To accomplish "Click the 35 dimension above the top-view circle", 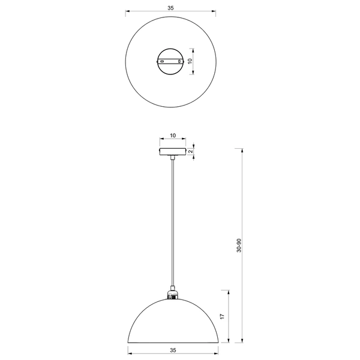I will [171, 8].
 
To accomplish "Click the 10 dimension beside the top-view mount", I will [190, 61].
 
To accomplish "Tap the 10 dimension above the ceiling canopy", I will [172, 136].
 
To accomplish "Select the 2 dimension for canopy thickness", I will [190, 152].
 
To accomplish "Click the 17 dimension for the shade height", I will [222, 316].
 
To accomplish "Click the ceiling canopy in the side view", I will [172, 152].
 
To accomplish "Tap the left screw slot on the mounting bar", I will [162, 61].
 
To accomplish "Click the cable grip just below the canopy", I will [172, 158].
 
